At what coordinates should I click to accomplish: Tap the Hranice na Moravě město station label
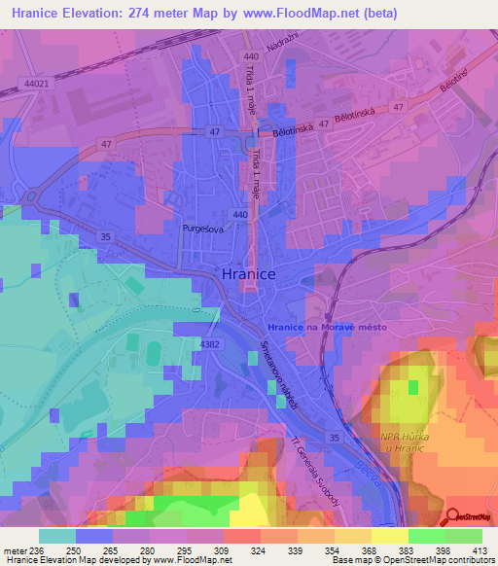coord(326,329)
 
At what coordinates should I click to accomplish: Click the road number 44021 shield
coord(36,85)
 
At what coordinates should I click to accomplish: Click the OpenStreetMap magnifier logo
coord(453,516)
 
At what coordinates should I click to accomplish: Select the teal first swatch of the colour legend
coord(56,536)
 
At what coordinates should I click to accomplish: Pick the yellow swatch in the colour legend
coord(387,536)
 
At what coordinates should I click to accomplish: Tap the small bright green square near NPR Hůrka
coord(413,387)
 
